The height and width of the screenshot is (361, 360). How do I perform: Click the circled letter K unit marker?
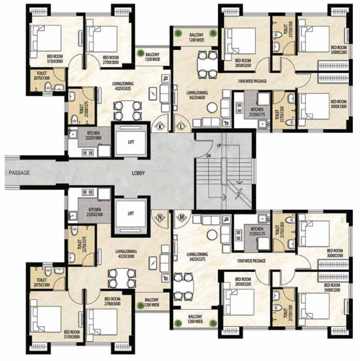[161, 126]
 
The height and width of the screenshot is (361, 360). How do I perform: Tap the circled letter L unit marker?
[181, 126]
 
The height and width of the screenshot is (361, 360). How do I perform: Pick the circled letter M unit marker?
[181, 218]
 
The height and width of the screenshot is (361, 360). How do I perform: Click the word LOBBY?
[138, 173]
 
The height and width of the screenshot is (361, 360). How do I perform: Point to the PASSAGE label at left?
[19, 173]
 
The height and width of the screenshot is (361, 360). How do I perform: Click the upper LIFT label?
[131, 141]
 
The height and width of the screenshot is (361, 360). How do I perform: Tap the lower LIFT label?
[131, 213]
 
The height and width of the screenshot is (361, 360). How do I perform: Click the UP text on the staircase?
[219, 146]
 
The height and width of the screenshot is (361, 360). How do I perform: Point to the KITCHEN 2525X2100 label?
[94, 212]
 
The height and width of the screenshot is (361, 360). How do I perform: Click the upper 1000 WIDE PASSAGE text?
[253, 81]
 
